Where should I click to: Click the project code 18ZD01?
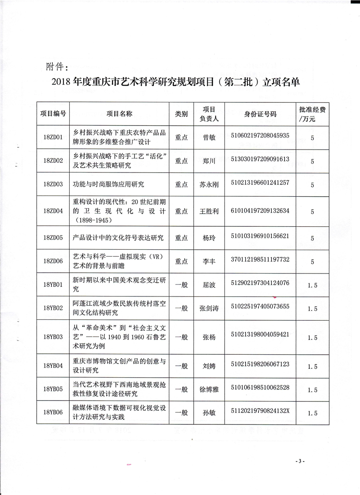[54, 138]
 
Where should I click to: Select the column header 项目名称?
[119, 114]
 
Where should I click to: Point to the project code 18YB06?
[54, 413]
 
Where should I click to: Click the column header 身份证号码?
[260, 114]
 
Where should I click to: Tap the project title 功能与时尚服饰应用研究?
[109, 184]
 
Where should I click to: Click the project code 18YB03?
[54, 337]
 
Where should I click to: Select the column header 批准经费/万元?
[312, 114]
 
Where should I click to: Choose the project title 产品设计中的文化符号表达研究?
[118, 238]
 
